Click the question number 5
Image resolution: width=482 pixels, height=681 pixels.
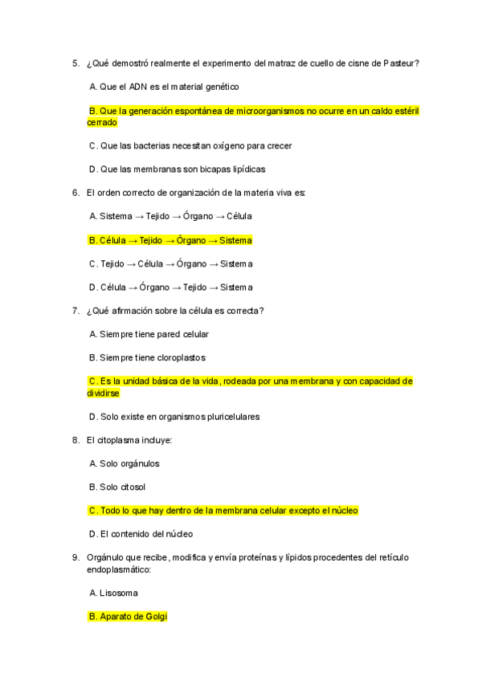pyautogui.click(x=75, y=63)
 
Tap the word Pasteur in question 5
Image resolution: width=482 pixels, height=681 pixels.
pyautogui.click(x=401, y=63)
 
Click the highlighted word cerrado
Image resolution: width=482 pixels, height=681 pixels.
pyautogui.click(x=102, y=122)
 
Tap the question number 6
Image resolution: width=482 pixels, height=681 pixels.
pyautogui.click(x=75, y=193)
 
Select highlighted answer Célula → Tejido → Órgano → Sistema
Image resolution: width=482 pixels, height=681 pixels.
pyautogui.click(x=170, y=240)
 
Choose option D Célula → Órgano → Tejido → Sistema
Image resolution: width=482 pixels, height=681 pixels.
pyautogui.click(x=170, y=287)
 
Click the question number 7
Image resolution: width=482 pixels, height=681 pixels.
pyautogui.click(x=75, y=311)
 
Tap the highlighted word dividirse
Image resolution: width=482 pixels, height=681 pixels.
pyautogui.click(x=104, y=394)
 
